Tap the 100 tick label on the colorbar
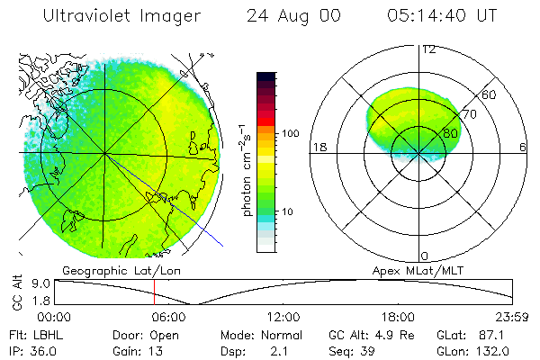289,133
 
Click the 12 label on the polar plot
428,49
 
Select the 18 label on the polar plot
319,147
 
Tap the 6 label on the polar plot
523,147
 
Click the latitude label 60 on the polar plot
490,94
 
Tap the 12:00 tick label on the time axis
284,317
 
